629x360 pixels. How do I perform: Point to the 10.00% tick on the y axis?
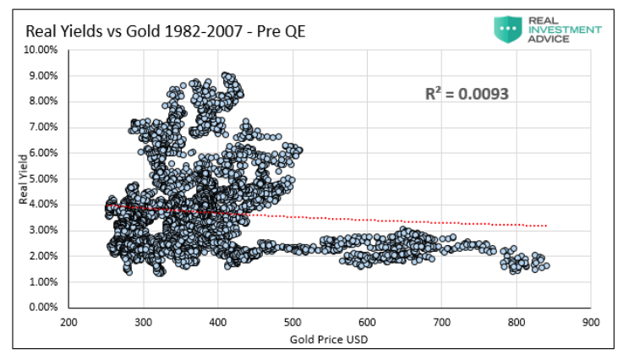[41, 50]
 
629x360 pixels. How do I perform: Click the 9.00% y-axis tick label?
[42, 76]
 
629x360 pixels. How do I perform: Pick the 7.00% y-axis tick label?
[42, 127]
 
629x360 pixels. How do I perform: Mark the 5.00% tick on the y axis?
[42, 178]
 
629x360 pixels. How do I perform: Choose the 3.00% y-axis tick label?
[42, 230]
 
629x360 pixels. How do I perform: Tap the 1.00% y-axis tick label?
[42, 281]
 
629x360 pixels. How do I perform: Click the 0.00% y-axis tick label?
[42, 307]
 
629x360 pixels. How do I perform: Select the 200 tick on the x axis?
[68, 322]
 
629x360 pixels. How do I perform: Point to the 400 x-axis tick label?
[218, 322]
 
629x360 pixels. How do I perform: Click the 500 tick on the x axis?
[293, 322]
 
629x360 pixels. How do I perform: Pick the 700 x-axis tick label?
[441, 322]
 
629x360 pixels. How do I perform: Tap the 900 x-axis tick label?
[590, 322]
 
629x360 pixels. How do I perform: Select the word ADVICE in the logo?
[546, 40]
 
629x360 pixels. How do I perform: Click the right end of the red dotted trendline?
[547, 226]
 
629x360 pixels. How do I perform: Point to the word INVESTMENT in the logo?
[563, 30]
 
